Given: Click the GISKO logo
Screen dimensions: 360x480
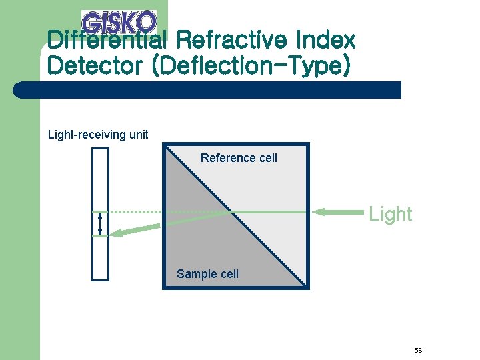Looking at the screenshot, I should (x=119, y=22).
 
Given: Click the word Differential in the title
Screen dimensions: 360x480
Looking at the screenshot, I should (x=109, y=41).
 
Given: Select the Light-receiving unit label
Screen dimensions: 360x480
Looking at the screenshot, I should (x=98, y=135).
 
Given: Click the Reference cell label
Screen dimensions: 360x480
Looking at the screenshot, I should (x=239, y=158).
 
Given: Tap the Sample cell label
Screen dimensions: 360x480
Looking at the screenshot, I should (x=207, y=274).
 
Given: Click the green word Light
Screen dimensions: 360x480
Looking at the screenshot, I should (x=391, y=214).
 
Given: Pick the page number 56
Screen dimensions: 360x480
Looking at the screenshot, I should (x=418, y=351).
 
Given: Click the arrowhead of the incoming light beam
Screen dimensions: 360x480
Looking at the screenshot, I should (x=321, y=212).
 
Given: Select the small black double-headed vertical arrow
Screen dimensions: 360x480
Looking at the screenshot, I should (x=100, y=223).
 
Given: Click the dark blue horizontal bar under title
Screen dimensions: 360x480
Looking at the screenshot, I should (x=207, y=90).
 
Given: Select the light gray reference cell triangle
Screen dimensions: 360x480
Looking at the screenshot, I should (x=273, y=193).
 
